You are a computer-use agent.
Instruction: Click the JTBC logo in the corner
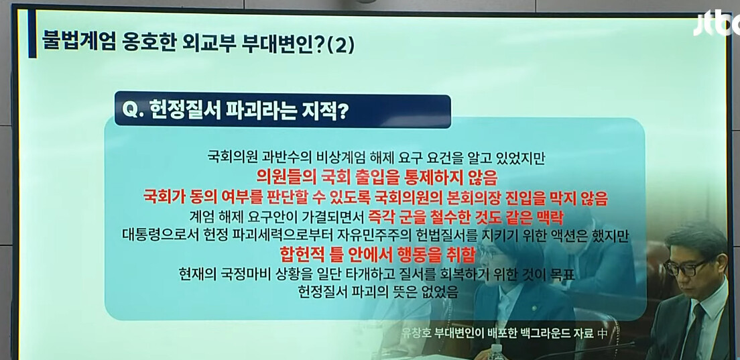pos(717,23)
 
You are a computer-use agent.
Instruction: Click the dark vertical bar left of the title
pos(32,34)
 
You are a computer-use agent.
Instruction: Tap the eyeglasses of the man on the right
pos(688,267)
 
